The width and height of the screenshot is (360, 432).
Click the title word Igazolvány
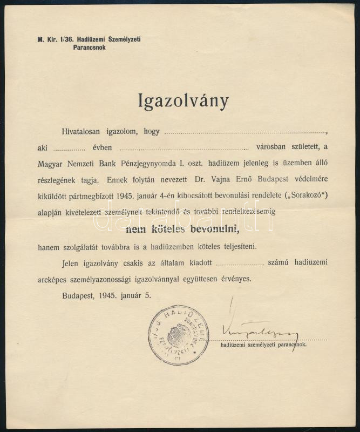(x=184, y=101)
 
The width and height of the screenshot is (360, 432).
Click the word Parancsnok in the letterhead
(x=89, y=47)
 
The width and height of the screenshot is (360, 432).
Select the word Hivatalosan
(x=80, y=131)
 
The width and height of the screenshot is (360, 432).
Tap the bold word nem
(x=137, y=229)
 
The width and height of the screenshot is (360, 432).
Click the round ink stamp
(x=178, y=335)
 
